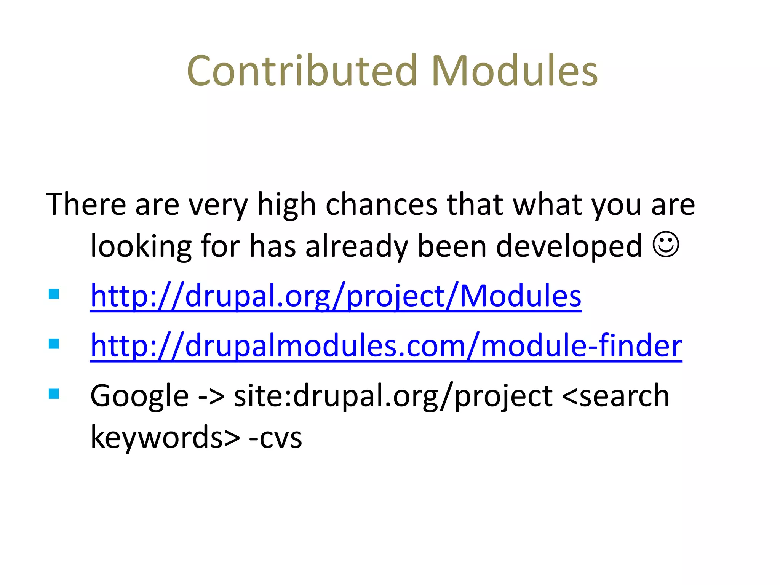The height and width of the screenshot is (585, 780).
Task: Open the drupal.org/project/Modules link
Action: pos(336,296)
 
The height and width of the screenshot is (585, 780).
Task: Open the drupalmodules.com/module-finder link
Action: pos(386,346)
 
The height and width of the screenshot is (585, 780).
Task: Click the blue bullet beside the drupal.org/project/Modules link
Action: pos(54,294)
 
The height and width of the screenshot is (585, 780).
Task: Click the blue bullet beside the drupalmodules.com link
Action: pos(54,344)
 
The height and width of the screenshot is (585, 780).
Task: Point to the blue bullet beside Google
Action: pos(54,394)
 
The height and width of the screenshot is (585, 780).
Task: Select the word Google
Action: pos(139,396)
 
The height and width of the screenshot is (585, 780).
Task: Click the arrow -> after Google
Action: pos(211,396)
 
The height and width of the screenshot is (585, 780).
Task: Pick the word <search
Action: pos(615,396)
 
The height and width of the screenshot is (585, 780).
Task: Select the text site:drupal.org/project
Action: pos(393,396)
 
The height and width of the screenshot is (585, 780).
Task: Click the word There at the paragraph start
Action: pos(86,205)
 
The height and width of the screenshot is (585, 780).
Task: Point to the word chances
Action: pos(381,205)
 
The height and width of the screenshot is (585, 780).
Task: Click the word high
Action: pos(286,205)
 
